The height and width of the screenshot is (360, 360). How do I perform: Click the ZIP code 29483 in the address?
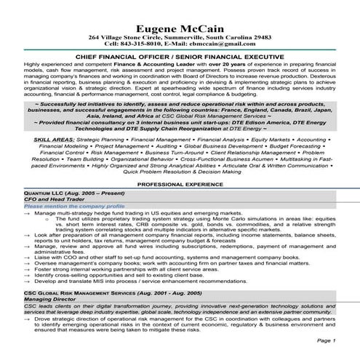[x=259, y=34]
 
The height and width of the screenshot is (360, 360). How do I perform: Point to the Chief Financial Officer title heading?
[x=180, y=55]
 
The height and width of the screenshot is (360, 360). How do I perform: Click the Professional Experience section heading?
[x=180, y=185]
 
